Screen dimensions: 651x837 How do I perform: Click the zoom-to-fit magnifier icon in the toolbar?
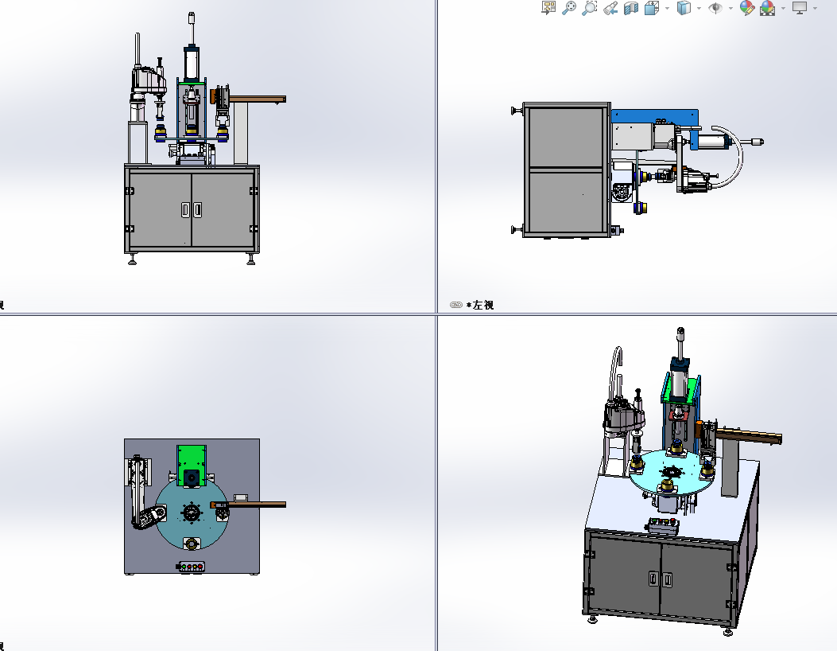tap(569, 8)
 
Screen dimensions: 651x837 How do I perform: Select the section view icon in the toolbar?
tap(631, 8)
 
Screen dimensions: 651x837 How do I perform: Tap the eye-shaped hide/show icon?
tap(715, 8)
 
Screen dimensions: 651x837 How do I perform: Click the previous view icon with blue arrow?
tap(610, 8)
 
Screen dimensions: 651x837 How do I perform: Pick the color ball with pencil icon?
tap(746, 8)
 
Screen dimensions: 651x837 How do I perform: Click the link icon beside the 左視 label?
tap(456, 305)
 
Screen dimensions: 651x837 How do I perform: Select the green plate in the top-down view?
tap(191, 457)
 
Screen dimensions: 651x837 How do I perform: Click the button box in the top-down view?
tap(191, 567)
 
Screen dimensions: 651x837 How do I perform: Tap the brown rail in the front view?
tap(257, 99)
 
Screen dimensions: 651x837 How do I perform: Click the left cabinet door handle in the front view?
tap(184, 209)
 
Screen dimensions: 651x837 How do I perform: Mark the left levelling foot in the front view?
tap(131, 259)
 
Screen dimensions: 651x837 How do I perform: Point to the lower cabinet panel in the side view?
tap(566, 201)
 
